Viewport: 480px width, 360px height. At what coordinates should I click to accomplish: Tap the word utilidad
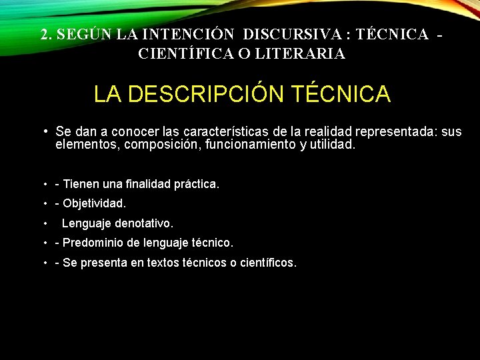(x=331, y=143)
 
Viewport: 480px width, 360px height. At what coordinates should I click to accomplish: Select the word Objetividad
(x=94, y=203)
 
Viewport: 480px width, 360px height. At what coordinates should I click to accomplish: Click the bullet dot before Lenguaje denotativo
(x=45, y=223)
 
